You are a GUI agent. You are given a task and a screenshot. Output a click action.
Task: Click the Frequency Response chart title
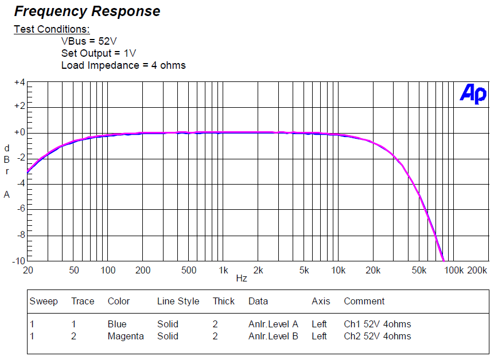coord(87,11)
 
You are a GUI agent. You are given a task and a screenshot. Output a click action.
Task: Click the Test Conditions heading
coord(52,29)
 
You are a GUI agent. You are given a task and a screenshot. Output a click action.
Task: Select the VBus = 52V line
coord(90,41)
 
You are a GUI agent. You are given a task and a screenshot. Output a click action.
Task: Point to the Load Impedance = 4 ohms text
coord(123,65)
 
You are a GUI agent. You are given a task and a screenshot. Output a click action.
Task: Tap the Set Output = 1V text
coord(99,53)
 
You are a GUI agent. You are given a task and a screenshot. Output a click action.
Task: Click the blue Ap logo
coord(473,94)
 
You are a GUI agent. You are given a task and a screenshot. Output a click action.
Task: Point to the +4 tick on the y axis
coord(20,83)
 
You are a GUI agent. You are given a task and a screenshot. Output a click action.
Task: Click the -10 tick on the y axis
coord(18,261)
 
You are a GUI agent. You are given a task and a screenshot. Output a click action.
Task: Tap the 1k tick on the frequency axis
coord(223,270)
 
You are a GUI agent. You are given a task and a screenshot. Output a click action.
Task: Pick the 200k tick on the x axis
coord(477,270)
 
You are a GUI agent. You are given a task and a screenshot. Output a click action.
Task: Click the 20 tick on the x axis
coord(27,270)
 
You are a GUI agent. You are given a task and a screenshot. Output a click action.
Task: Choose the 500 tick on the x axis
coord(189,270)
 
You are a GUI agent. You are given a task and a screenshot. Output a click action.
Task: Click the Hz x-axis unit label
coord(242,279)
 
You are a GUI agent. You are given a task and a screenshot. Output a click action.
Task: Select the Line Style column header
coord(178,302)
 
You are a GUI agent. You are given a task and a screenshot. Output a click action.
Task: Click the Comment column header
coord(364,302)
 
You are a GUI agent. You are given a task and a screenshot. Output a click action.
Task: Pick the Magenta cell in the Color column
coord(126,336)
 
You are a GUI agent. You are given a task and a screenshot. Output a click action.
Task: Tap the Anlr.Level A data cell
coord(273,324)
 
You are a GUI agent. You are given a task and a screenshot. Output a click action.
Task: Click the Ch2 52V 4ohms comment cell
coord(377,336)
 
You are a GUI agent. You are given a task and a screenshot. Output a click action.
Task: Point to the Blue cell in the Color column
coord(117,324)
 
